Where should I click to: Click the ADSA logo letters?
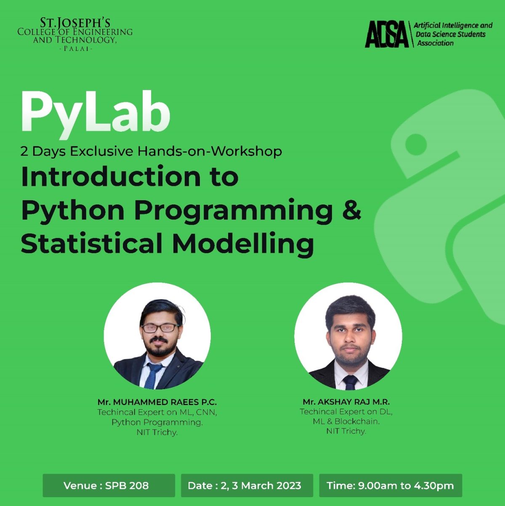(x=386, y=34)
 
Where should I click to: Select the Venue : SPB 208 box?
(x=109, y=485)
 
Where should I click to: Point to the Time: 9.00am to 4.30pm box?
(x=390, y=485)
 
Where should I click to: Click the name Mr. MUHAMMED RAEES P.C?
(x=157, y=402)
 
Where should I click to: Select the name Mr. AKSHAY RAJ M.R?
(x=346, y=402)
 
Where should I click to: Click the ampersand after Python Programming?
(x=351, y=210)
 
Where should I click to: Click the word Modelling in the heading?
(x=243, y=244)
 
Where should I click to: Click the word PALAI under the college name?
(x=76, y=49)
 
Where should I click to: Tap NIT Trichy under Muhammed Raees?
(x=157, y=432)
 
